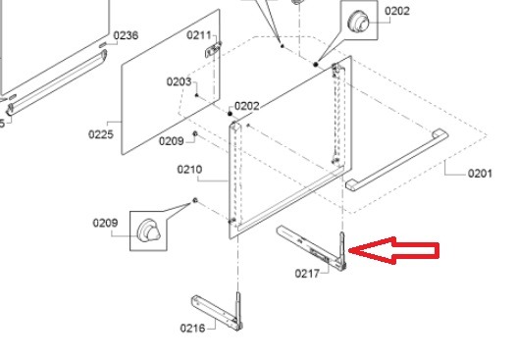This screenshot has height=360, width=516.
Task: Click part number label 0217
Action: [x=307, y=274]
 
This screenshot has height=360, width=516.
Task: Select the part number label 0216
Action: [x=192, y=328]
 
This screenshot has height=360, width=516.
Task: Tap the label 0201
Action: [x=480, y=174]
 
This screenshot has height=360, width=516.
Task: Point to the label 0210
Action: [x=189, y=170]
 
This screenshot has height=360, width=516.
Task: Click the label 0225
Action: [x=101, y=134]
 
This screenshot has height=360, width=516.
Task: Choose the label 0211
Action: [x=199, y=35]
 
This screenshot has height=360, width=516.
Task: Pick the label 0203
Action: [x=179, y=81]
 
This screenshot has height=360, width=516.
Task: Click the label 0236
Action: [x=126, y=35]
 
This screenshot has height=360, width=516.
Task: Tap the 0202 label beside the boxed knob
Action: [x=397, y=11]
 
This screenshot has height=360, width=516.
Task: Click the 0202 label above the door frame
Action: [x=247, y=106]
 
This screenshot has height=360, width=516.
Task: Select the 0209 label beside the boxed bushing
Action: [x=105, y=223]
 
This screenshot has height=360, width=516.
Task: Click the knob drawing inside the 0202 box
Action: [x=358, y=21]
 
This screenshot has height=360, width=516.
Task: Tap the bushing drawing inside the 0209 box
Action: [x=148, y=231]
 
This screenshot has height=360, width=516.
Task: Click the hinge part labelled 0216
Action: [x=218, y=312]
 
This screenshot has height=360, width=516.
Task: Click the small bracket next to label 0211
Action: [x=213, y=50]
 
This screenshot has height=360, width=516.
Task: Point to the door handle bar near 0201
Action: [x=397, y=160]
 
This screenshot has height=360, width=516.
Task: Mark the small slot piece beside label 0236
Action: [x=103, y=44]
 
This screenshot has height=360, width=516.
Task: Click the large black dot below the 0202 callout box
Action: [x=316, y=65]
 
